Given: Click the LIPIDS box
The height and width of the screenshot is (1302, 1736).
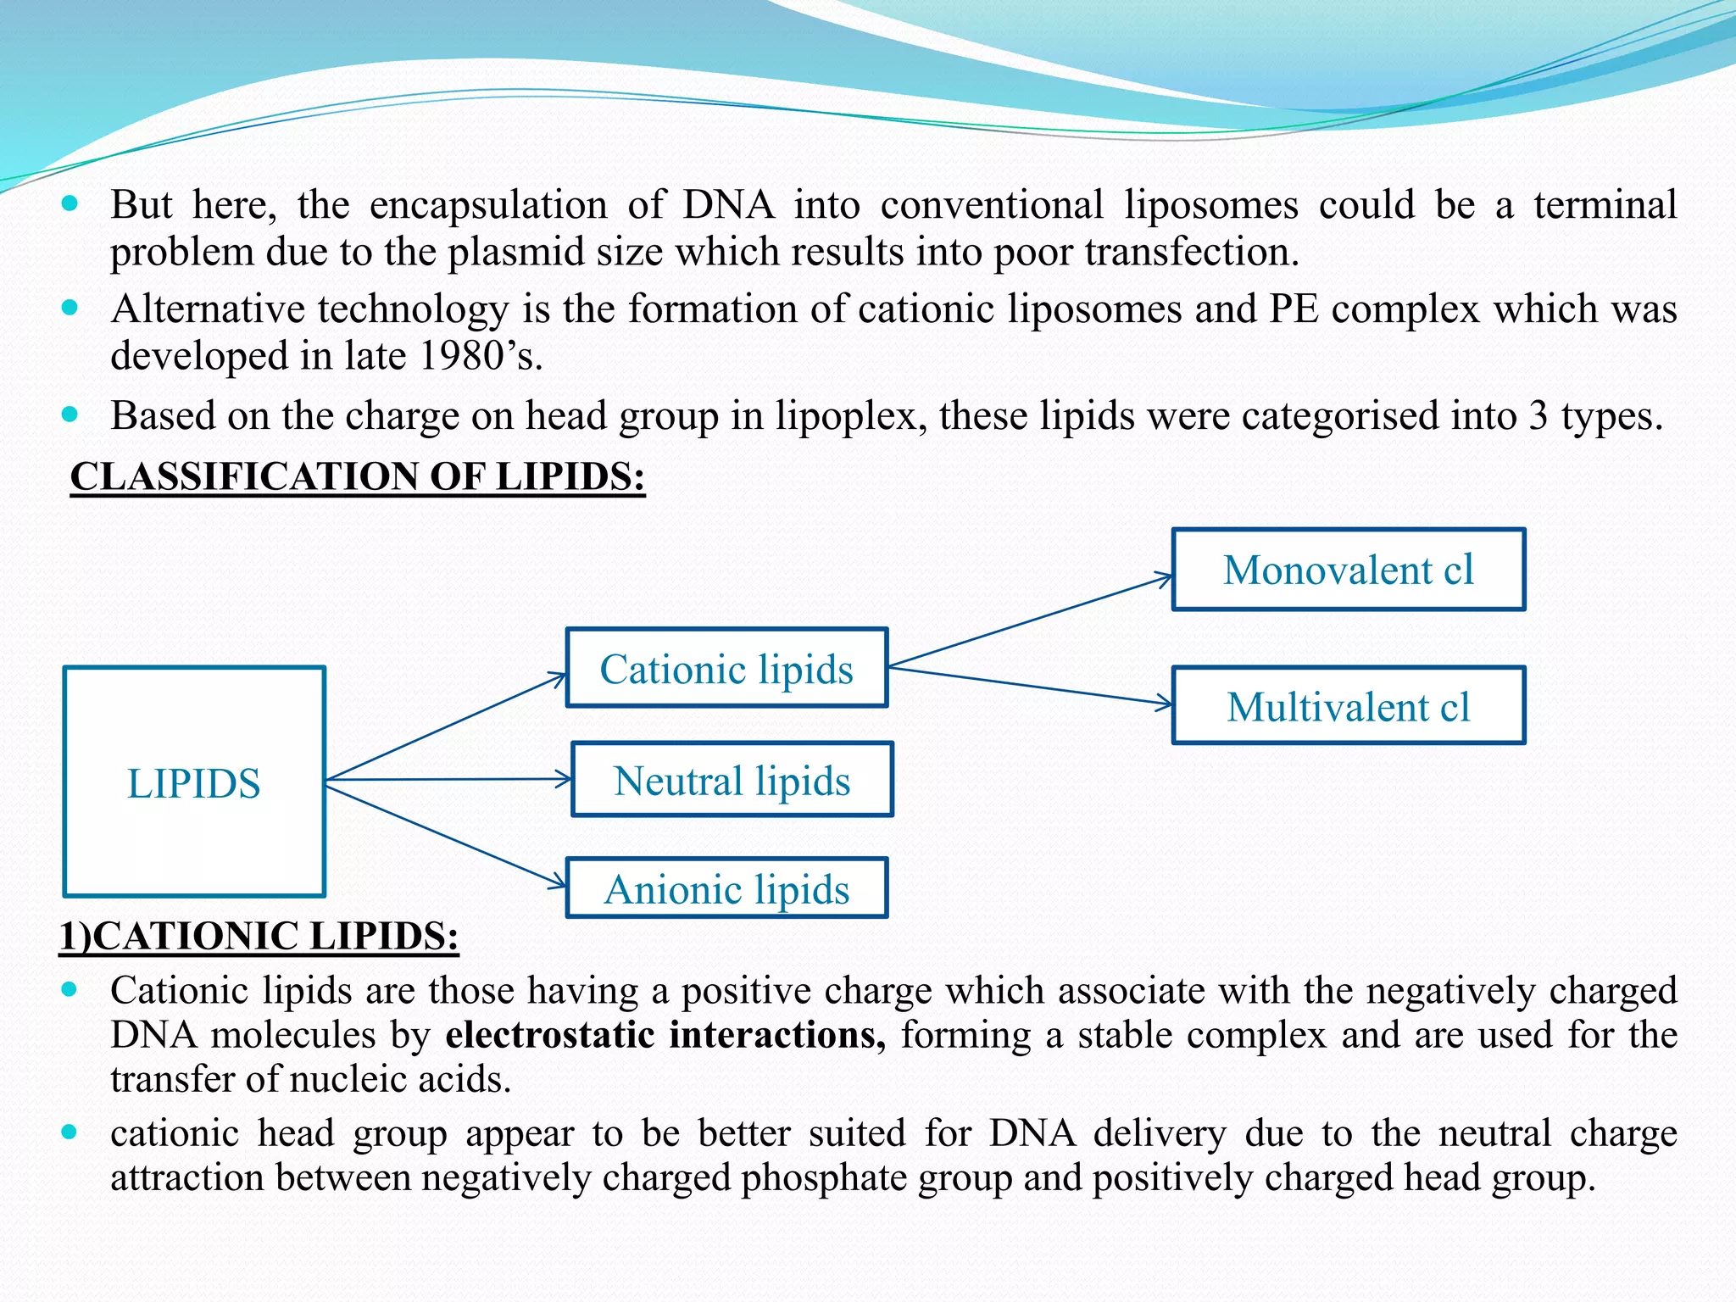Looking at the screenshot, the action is pos(194,782).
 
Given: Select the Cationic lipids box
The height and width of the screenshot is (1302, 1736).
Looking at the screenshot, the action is pos(726,668).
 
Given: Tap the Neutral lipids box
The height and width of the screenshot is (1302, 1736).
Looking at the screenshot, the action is pos(732,780).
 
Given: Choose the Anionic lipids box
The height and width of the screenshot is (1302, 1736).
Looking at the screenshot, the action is pos(726,888).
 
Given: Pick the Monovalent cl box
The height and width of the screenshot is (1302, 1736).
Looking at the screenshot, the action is pos(1348,570).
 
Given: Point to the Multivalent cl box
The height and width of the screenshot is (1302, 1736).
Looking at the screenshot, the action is pos(1348,706).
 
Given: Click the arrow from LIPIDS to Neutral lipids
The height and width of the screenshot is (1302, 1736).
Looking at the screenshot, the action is pos(449,779).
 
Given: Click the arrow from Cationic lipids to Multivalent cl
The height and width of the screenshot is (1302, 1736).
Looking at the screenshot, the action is pos(1030,686).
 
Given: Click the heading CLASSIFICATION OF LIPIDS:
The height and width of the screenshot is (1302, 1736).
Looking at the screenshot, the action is pos(357,476).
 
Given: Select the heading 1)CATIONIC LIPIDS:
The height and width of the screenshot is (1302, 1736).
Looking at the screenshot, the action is pos(259,936).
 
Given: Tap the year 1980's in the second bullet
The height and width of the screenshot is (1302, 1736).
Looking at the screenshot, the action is pos(480,355).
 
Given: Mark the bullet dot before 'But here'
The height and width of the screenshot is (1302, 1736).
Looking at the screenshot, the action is pos(70,203).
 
